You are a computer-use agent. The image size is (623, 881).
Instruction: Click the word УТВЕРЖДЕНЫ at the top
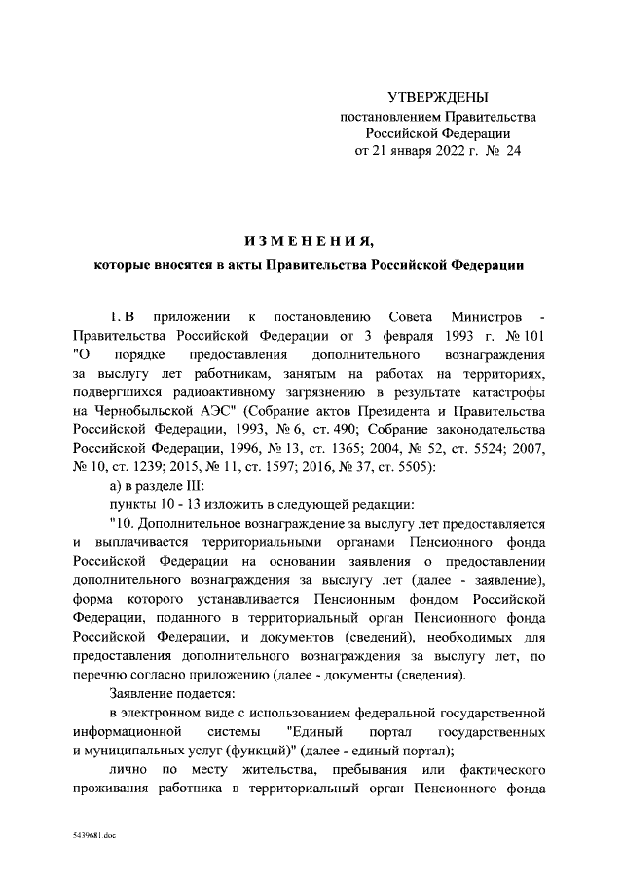pyautogui.click(x=438, y=97)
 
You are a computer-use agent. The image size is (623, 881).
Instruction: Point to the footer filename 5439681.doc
pyautogui.click(x=94, y=835)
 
